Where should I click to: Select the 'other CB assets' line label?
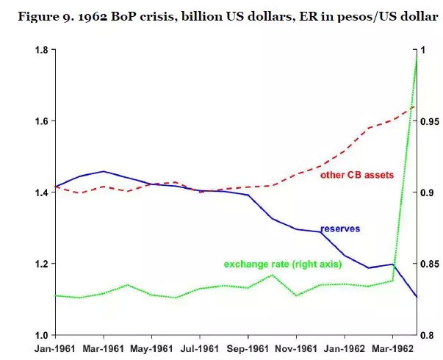tap(357, 175)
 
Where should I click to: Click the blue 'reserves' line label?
tap(340, 228)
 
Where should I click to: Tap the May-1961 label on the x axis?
tap(151, 348)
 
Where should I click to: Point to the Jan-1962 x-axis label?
tap(345, 348)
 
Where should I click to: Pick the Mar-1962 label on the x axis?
tap(393, 348)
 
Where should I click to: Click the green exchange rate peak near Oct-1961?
tap(273, 276)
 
